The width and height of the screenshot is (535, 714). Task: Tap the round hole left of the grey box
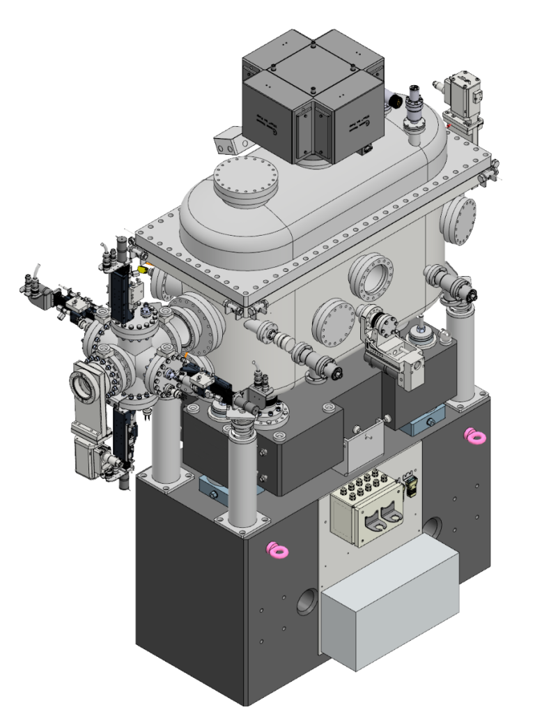[307, 602]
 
